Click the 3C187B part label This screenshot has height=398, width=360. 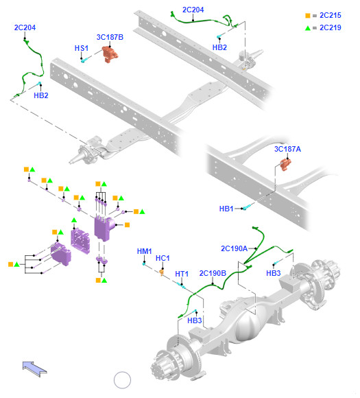110,37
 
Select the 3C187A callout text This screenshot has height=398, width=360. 287,149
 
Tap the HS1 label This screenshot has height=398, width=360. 82,48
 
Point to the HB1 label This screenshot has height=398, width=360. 226,209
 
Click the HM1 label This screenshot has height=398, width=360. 144,251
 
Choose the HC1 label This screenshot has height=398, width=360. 163,258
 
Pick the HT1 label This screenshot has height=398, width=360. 182,274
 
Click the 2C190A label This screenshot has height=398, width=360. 234,248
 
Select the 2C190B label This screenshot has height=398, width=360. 213,273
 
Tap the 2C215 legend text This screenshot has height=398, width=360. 331,16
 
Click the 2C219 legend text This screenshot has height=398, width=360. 331,27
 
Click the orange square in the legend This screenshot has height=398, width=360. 308,16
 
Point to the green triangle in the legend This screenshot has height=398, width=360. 308,28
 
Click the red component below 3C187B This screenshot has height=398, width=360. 110,54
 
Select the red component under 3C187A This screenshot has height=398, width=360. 285,164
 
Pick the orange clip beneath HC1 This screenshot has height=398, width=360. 162,272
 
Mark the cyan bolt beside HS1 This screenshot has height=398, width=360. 85,60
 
